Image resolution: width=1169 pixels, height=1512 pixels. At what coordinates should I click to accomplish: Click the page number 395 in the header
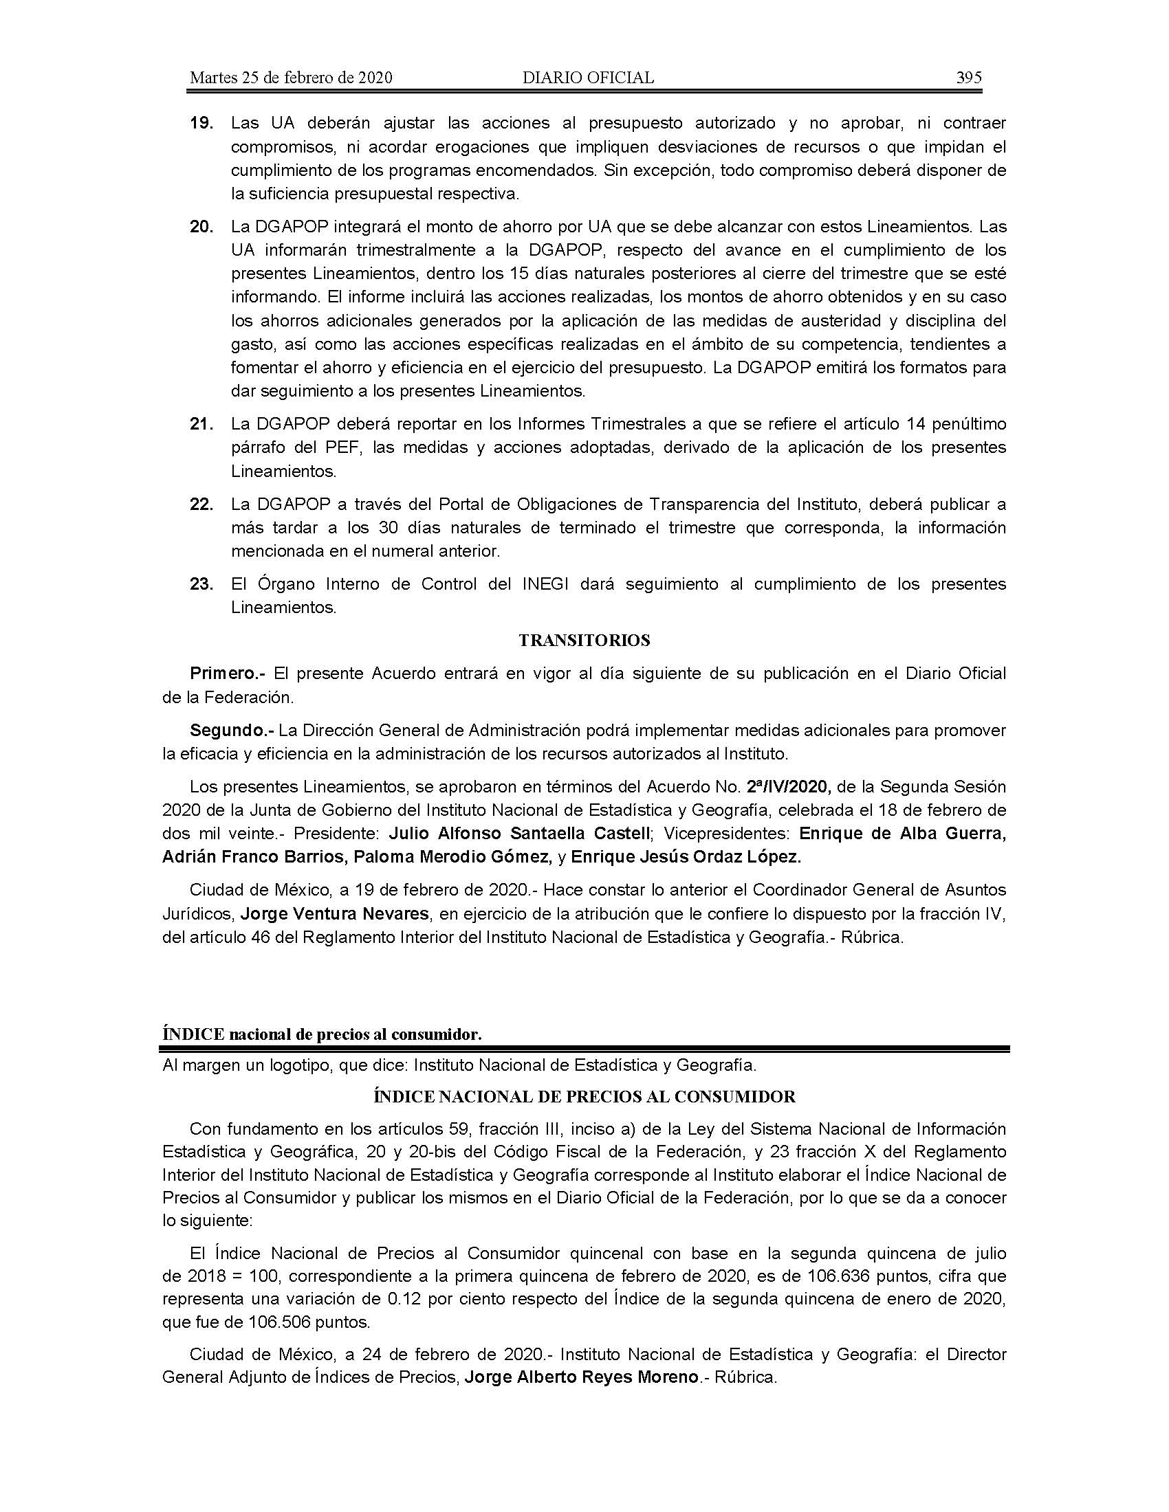point(968,78)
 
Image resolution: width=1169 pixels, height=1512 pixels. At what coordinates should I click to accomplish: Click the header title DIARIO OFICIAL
point(588,78)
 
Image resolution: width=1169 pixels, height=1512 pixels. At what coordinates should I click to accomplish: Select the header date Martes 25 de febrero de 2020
point(291,78)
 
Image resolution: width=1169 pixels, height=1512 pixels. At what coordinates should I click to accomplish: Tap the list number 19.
point(201,124)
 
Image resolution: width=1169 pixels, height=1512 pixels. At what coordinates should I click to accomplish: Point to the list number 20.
point(201,226)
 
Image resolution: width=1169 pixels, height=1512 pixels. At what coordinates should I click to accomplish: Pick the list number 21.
point(201,423)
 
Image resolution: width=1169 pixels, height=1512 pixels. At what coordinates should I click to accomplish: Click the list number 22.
point(201,504)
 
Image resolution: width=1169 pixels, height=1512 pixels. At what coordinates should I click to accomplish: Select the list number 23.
point(201,584)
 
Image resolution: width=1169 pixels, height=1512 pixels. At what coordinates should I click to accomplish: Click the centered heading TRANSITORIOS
point(584,641)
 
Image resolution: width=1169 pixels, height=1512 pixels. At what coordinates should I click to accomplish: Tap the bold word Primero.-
point(228,673)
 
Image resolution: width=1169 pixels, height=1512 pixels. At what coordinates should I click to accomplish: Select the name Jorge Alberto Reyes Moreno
point(580,1378)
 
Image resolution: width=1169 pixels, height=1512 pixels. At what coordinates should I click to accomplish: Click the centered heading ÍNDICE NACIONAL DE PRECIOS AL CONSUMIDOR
point(584,1097)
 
